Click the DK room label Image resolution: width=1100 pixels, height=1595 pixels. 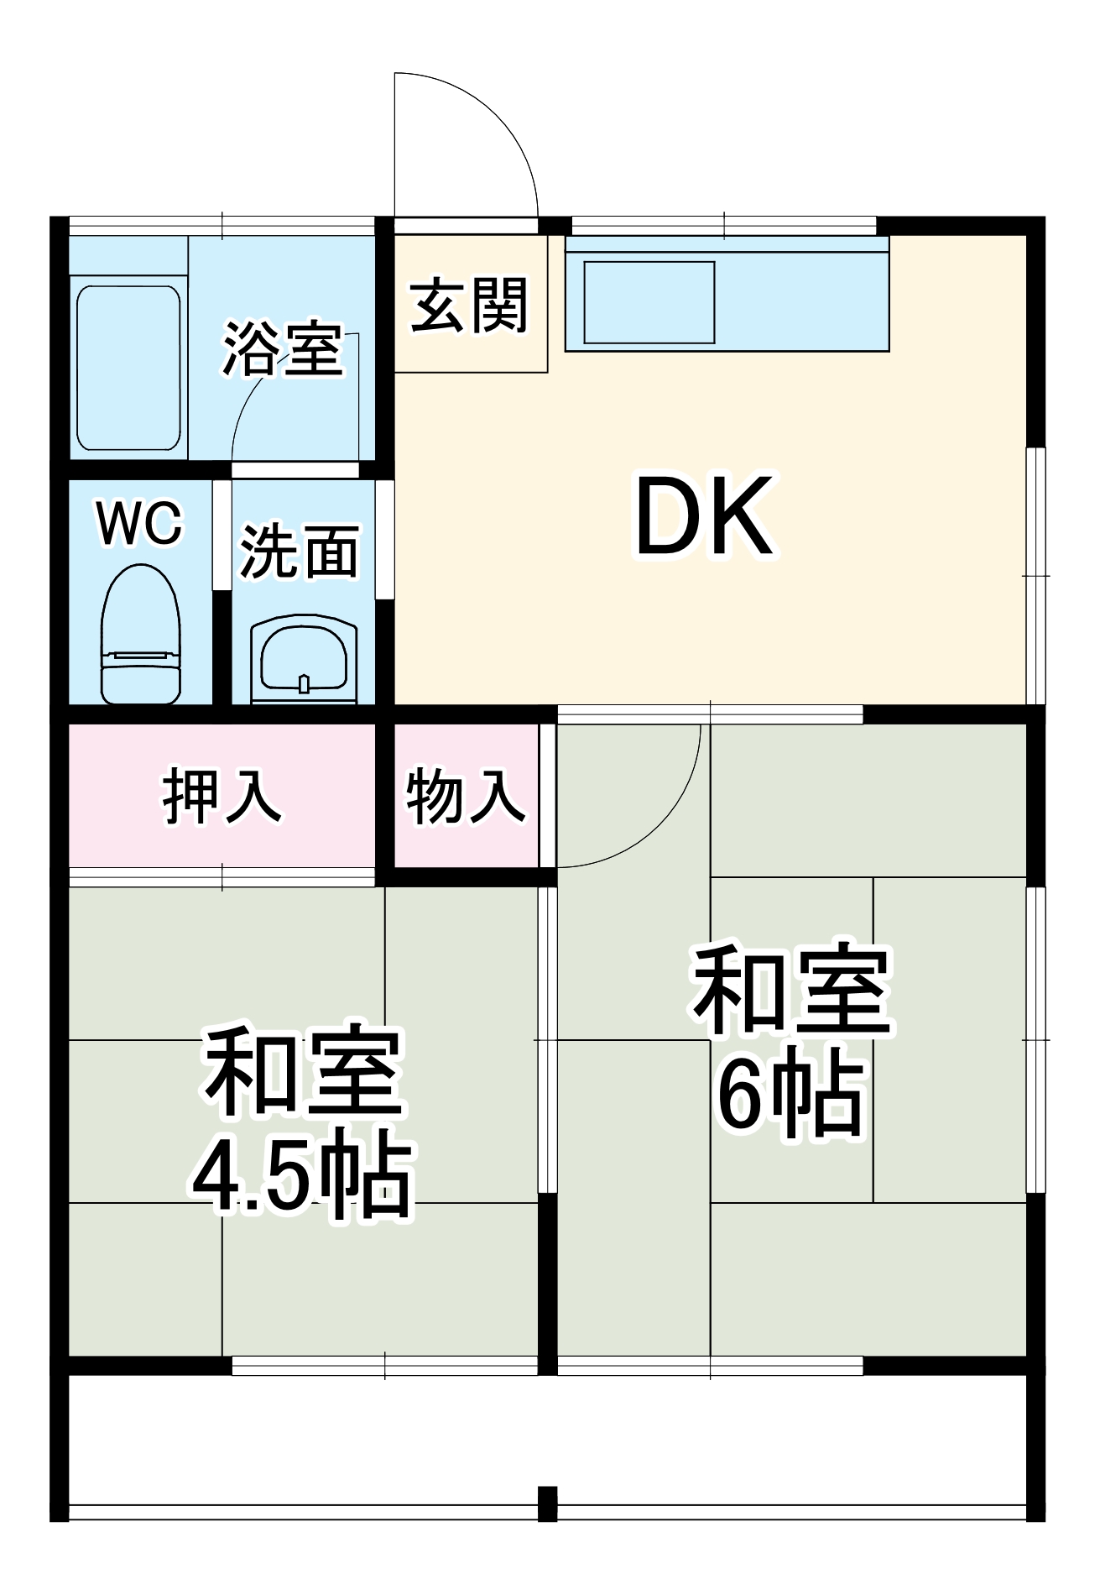point(703,517)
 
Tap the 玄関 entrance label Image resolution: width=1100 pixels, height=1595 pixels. point(469,306)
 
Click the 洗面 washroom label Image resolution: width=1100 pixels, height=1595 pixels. point(300,552)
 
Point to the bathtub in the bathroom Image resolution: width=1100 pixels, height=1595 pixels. point(128,368)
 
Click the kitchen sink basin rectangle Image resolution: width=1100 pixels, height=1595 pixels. point(649,302)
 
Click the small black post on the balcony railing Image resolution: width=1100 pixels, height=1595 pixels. point(547,1503)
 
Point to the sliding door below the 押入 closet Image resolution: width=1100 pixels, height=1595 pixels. point(222,877)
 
